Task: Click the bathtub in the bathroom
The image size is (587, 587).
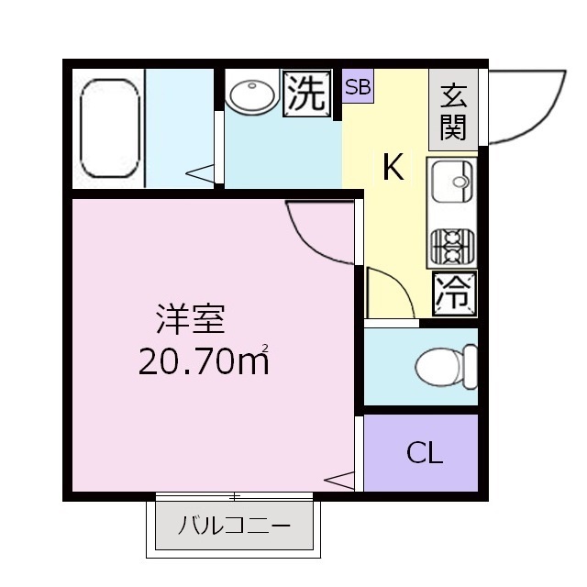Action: click(x=110, y=128)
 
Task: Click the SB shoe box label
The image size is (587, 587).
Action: click(x=358, y=88)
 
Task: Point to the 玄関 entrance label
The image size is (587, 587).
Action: click(x=452, y=111)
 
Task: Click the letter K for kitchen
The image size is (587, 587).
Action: click(x=393, y=168)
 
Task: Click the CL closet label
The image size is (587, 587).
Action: click(x=424, y=452)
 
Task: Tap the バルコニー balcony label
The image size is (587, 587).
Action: click(x=234, y=526)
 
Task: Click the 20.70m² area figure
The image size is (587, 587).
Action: click(x=204, y=361)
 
